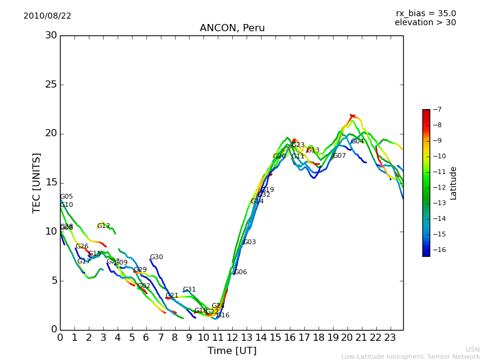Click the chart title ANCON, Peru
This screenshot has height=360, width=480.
(232, 28)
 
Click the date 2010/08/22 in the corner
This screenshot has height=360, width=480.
(47, 16)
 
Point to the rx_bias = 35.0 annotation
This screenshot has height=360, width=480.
(425, 14)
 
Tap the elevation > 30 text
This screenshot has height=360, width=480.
(425, 23)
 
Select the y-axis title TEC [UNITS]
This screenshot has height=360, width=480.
(37, 182)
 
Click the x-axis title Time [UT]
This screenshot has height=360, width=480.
(232, 351)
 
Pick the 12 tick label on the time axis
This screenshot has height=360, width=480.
(232, 338)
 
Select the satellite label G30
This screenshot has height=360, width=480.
(156, 257)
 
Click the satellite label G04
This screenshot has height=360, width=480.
(358, 142)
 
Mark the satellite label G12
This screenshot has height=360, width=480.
(103, 226)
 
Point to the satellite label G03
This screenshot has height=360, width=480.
(249, 242)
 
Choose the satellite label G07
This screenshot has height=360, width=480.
(339, 156)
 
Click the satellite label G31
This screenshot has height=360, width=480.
(189, 290)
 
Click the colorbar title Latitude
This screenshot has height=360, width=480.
(454, 182)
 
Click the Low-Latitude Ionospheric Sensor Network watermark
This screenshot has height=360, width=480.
(410, 357)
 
